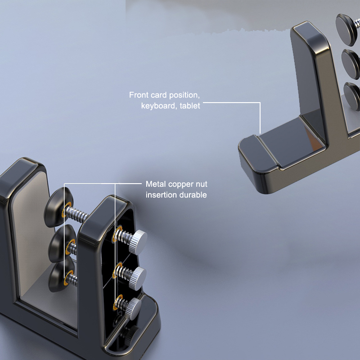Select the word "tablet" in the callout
coord(190,106)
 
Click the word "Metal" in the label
coord(155,184)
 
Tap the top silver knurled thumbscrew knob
coord(138,242)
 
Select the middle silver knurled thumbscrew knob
coord(137,278)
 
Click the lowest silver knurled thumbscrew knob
coord(134,308)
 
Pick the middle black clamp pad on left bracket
coord(61,243)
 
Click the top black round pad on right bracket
coord(346,29)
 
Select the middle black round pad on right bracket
coord(351,64)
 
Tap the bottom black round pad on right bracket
coord(352,96)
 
